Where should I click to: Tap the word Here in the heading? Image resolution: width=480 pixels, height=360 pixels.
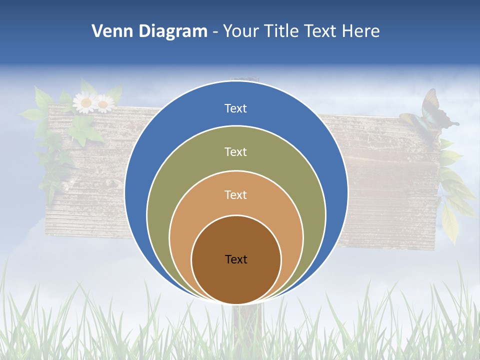pos(360,31)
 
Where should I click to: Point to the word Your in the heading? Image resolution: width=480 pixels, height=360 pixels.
pos(241,31)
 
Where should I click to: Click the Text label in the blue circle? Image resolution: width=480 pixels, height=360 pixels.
pos(236,108)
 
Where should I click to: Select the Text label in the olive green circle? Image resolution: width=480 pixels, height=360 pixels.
pos(236,151)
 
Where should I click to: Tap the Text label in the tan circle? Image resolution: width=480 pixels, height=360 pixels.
pos(236,194)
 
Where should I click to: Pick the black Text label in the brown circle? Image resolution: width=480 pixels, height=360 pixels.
pos(236,259)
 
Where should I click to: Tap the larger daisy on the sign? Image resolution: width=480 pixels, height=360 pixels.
pos(85,103)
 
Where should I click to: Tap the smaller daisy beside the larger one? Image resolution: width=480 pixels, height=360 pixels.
pos(104,103)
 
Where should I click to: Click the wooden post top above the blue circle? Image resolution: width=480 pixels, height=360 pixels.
pos(244,80)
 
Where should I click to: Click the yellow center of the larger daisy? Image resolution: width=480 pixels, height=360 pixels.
pos(85,103)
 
